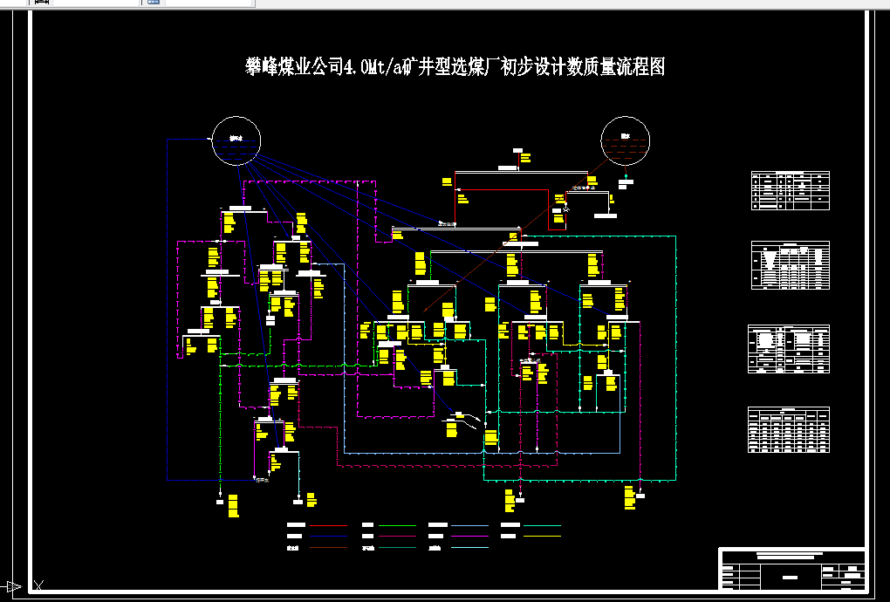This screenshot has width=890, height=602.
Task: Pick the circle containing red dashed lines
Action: [x=626, y=140]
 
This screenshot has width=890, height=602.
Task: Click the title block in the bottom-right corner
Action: [x=792, y=569]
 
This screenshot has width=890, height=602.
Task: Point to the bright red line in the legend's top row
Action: [x=328, y=526]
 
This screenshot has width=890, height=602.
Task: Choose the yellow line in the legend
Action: [x=542, y=536]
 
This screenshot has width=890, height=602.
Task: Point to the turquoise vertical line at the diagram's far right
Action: [x=676, y=349]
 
